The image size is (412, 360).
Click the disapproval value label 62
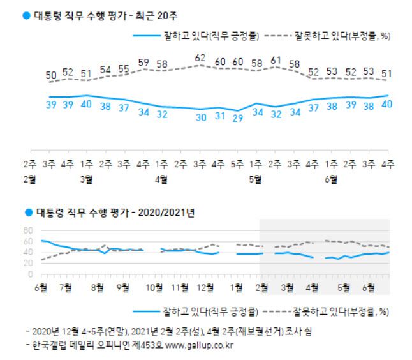[x=200, y=58]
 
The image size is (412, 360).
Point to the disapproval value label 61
[x=276, y=61]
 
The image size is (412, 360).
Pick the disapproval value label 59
[x=143, y=63]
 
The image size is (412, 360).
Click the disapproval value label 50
[x=50, y=76]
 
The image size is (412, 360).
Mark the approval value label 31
[x=219, y=116]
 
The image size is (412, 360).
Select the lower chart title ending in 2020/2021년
[x=105, y=210]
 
